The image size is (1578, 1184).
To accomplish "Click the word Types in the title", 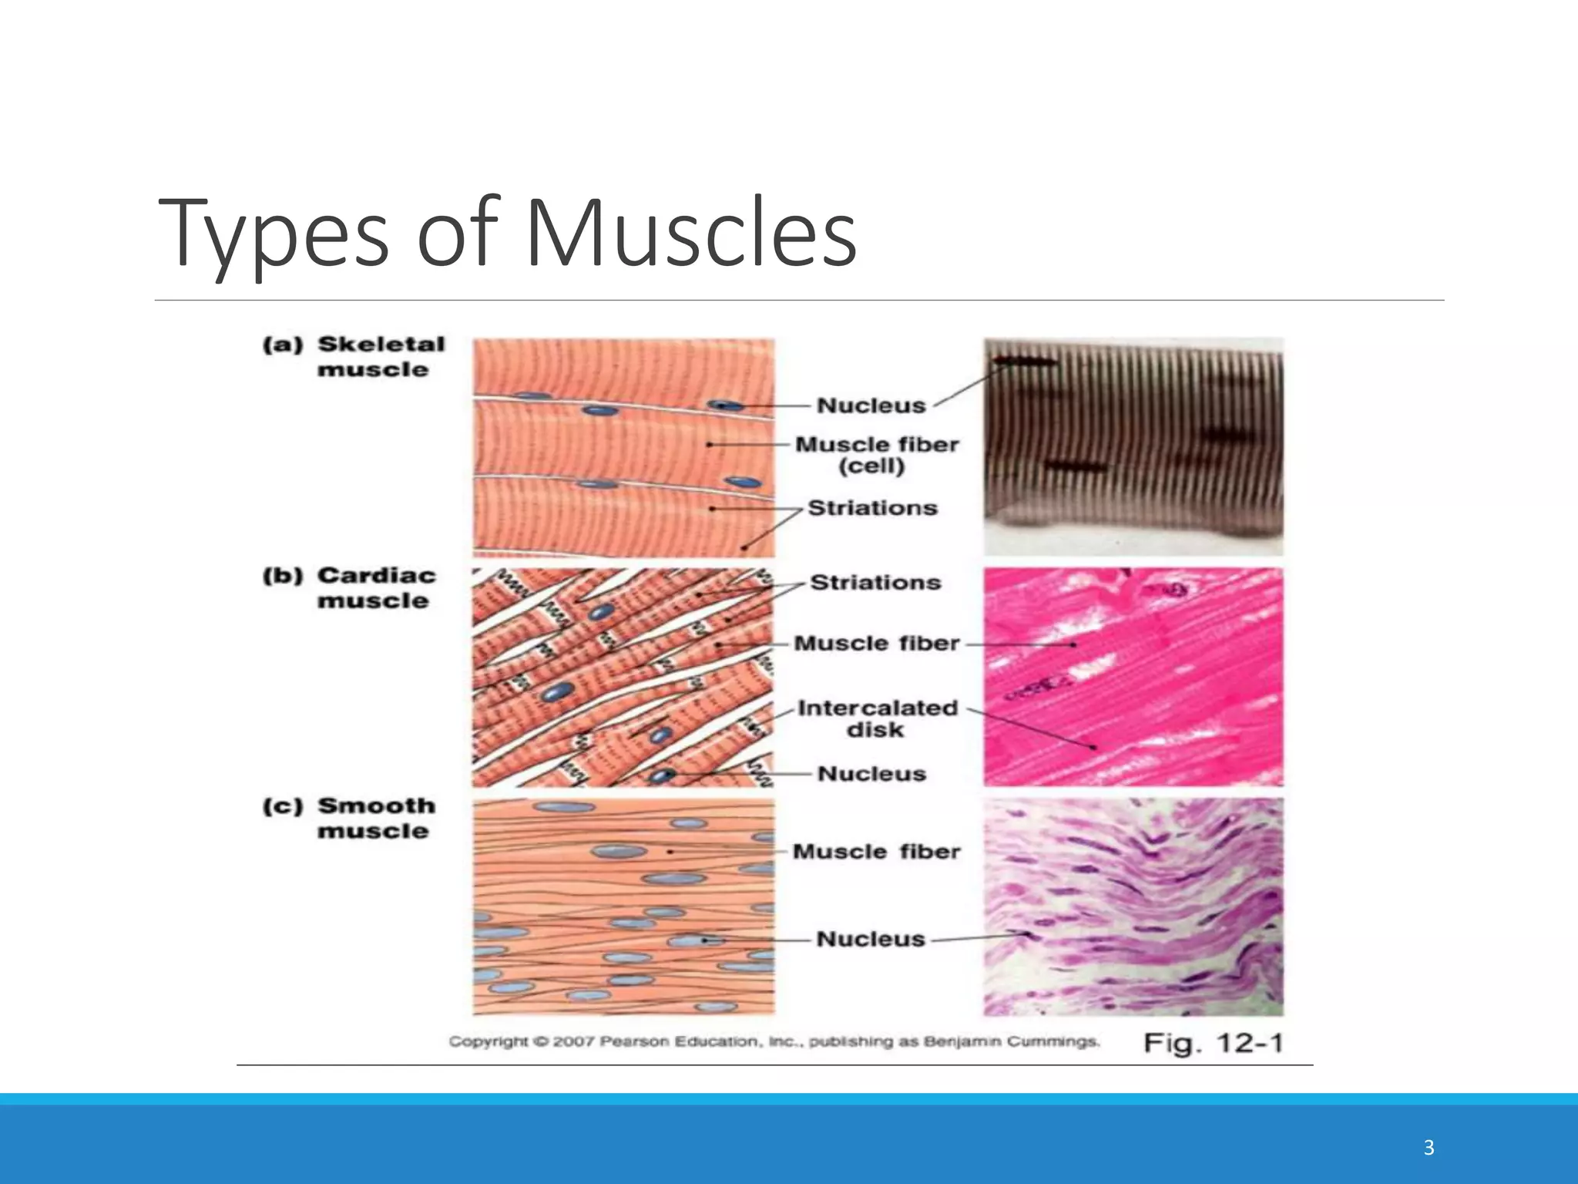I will click(274, 233).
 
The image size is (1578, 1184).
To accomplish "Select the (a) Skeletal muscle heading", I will click(354, 356).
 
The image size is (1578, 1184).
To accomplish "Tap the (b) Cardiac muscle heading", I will click(351, 587).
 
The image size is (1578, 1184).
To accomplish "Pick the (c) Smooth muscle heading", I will click(351, 818).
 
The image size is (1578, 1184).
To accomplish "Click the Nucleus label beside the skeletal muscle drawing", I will click(871, 405).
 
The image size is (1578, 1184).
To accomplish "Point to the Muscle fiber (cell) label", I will click(877, 455).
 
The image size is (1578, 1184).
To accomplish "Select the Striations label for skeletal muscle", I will click(872, 508).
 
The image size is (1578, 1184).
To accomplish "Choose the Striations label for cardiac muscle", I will click(875, 583).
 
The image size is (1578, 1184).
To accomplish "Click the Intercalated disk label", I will click(877, 718).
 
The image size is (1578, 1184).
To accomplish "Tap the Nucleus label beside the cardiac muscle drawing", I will click(871, 774).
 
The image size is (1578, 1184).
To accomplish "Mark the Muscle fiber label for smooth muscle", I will click(877, 852).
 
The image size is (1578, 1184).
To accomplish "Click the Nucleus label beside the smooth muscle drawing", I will click(871, 939).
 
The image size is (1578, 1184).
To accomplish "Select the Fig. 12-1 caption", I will click(1213, 1044).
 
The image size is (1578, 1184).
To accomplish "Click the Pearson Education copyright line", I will click(774, 1042).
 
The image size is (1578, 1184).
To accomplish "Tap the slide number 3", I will click(1429, 1148).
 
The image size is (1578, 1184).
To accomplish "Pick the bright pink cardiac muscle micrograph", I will click(1133, 677).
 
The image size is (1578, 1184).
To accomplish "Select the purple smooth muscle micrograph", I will click(1133, 906).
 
